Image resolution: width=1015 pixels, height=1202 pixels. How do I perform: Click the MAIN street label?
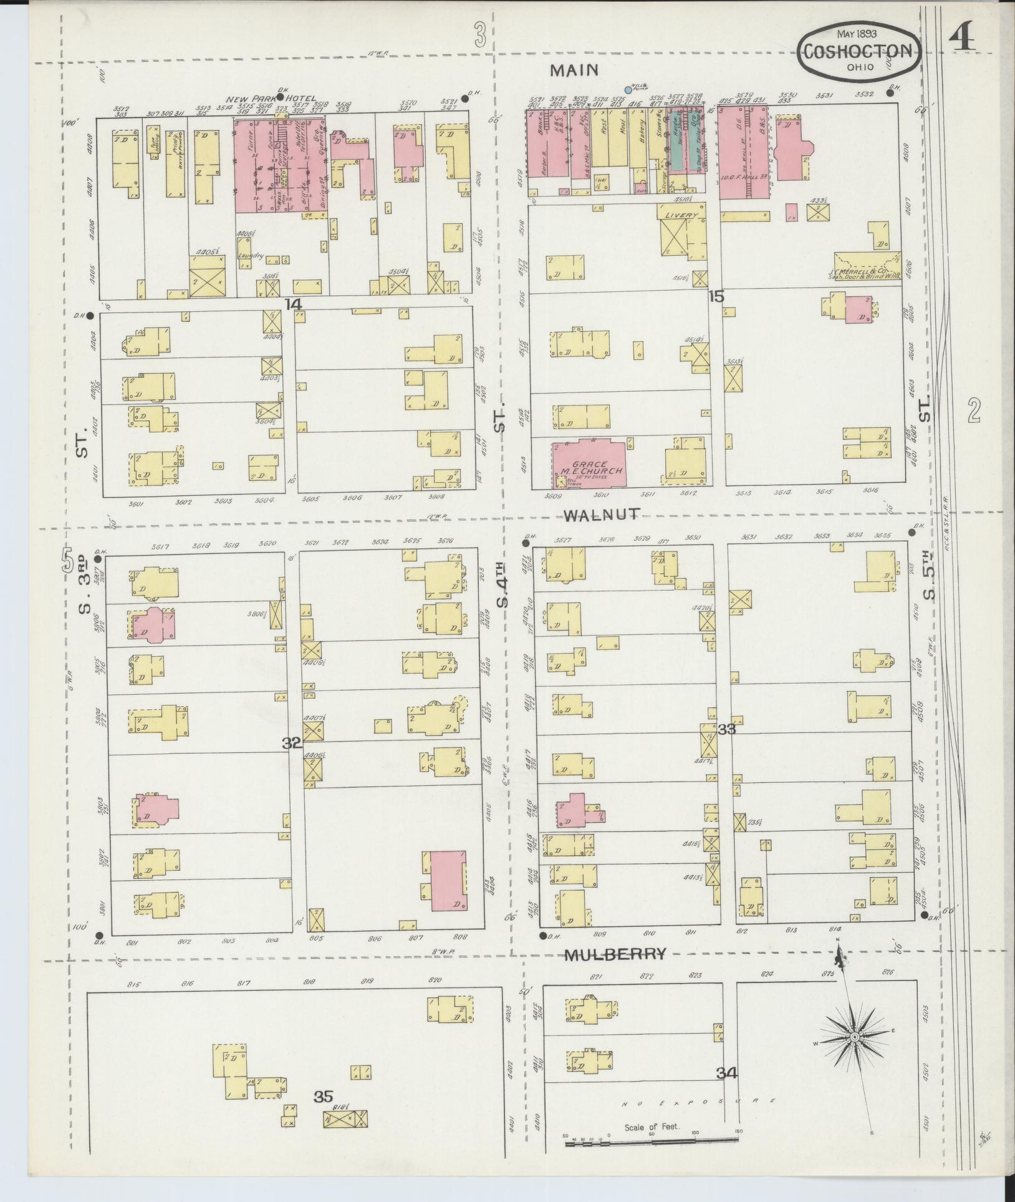coord(574,70)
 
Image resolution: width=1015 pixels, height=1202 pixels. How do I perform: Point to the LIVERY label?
coord(681,215)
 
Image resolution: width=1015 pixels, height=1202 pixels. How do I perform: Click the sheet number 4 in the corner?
coord(963,41)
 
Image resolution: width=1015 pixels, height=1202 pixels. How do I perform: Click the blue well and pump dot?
coord(628,90)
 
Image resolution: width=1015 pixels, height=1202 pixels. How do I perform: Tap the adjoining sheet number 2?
coord(974,410)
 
